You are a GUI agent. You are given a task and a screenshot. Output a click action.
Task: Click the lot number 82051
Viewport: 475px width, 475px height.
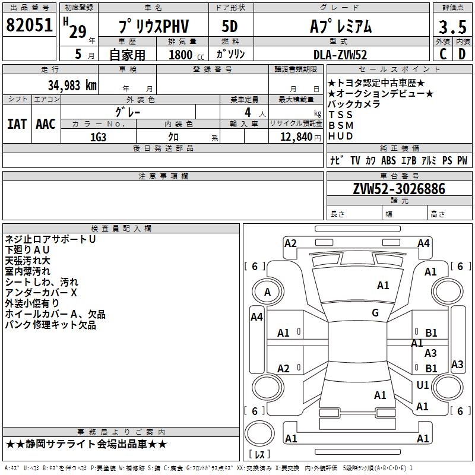(29, 26)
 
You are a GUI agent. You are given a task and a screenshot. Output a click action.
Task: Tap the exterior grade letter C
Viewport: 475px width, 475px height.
(442, 54)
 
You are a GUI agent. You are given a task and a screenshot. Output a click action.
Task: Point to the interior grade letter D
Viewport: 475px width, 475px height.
(461, 54)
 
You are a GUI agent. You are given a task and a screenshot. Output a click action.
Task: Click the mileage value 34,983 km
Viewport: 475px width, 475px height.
(72, 85)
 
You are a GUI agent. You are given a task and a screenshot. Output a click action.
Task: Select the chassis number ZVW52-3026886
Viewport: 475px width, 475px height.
(398, 189)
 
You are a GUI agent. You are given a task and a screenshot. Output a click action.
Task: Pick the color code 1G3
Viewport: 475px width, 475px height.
(98, 137)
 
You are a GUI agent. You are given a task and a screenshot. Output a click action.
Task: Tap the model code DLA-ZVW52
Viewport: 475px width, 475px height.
(340, 55)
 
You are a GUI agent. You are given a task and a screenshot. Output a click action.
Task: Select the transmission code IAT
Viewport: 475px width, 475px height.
(17, 124)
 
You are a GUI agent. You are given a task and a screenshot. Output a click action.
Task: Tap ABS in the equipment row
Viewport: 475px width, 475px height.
(388, 160)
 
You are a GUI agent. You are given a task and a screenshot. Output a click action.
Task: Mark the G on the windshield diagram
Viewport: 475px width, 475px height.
(375, 313)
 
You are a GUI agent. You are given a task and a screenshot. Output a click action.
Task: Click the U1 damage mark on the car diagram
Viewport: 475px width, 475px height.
(423, 385)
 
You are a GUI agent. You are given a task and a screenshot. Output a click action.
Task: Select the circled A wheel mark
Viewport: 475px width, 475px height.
(267, 292)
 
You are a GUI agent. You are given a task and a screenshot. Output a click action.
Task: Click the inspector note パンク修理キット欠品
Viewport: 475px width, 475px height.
(50, 325)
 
